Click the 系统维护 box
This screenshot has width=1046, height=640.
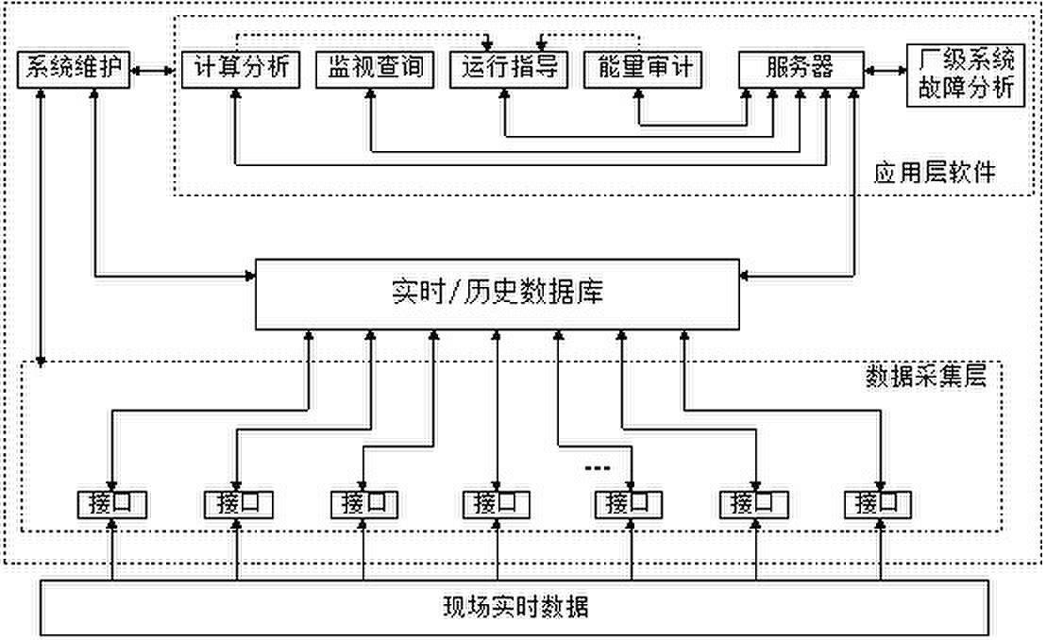(x=74, y=69)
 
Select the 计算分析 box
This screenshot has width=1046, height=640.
(x=240, y=69)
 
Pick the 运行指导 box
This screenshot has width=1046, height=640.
(x=509, y=69)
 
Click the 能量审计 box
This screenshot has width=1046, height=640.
(x=640, y=69)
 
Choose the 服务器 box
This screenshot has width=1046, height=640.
(x=800, y=69)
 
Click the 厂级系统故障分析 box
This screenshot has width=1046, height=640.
(x=966, y=76)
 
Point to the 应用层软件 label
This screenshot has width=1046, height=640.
(x=934, y=174)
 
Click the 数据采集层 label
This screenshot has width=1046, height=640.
(x=925, y=378)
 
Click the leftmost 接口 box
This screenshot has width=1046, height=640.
(x=112, y=502)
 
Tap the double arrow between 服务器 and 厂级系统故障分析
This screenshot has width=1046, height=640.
(x=883, y=70)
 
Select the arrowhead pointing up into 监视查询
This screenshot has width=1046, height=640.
(x=370, y=97)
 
